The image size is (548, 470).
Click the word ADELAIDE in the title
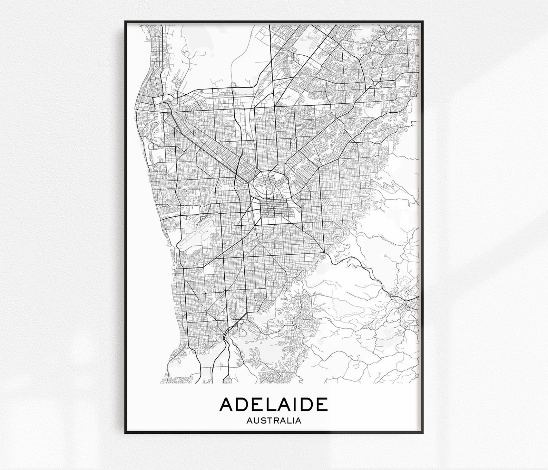pos(274,404)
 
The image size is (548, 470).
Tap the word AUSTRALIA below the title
pos(274,421)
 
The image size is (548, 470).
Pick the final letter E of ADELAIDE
pos(321,404)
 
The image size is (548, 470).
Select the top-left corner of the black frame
pos(125,21)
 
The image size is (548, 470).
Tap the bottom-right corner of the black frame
pos(423,433)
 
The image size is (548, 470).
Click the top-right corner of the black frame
pos(423,21)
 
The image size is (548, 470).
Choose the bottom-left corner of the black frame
pos(125,433)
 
